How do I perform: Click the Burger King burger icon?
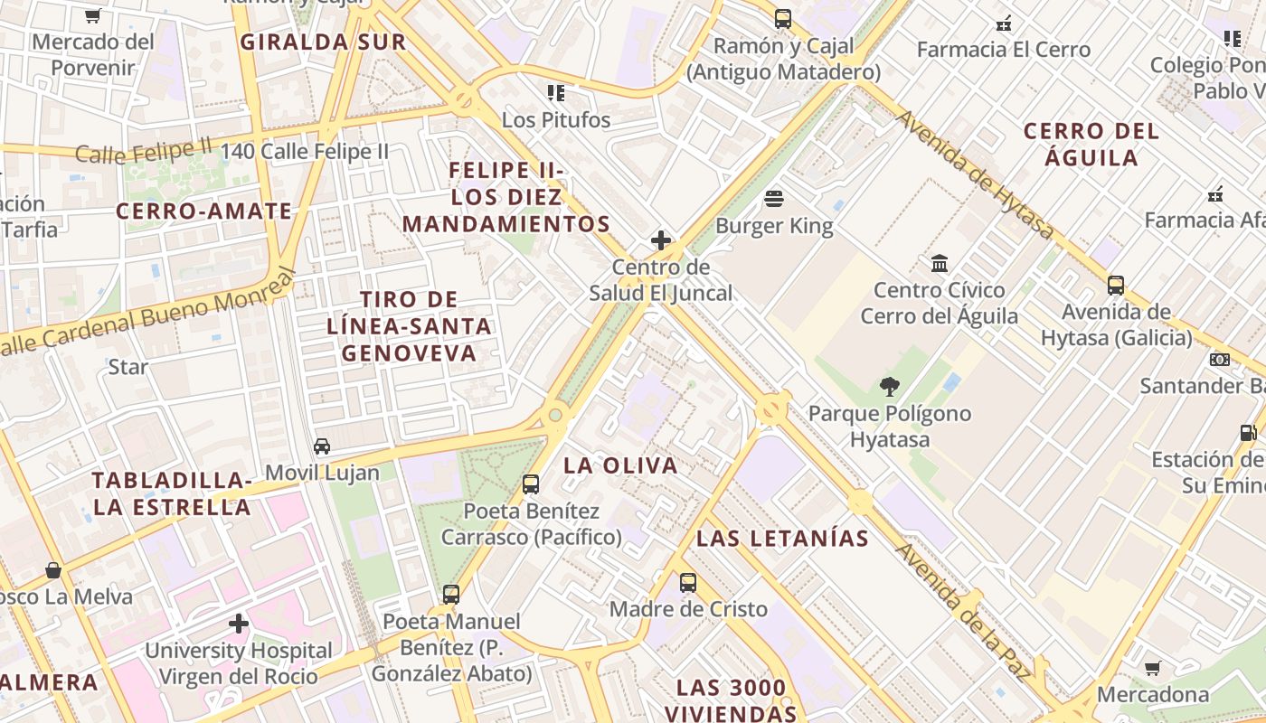click(774, 198)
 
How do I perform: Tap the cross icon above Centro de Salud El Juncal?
click(661, 240)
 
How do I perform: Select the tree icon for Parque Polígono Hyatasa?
click(890, 387)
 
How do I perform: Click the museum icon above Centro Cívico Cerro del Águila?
click(940, 264)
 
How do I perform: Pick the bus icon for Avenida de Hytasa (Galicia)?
click(1116, 286)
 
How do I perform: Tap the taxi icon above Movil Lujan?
click(322, 446)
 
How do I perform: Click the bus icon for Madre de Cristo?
click(688, 583)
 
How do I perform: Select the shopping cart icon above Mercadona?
click(1153, 669)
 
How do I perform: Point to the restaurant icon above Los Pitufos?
click(556, 92)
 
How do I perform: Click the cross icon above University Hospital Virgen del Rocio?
click(239, 624)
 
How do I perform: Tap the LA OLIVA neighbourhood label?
click(620, 465)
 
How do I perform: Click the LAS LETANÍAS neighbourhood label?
click(782, 539)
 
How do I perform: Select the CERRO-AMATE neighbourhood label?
click(204, 211)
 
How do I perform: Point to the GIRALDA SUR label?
click(323, 42)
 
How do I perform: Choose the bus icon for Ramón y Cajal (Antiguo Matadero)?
click(783, 18)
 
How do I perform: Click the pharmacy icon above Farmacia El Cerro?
click(1003, 23)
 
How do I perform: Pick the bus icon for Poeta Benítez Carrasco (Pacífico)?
click(531, 484)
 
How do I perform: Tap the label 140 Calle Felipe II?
click(304, 151)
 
